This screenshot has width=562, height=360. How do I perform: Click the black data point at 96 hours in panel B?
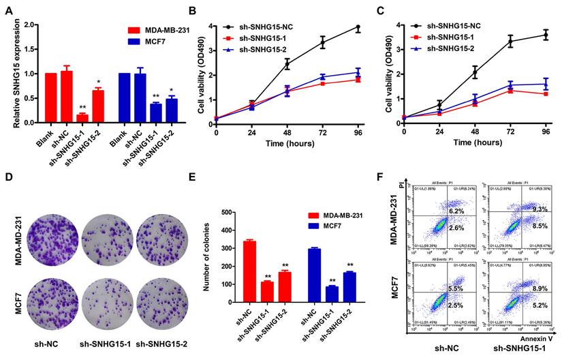coord(357,28)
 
